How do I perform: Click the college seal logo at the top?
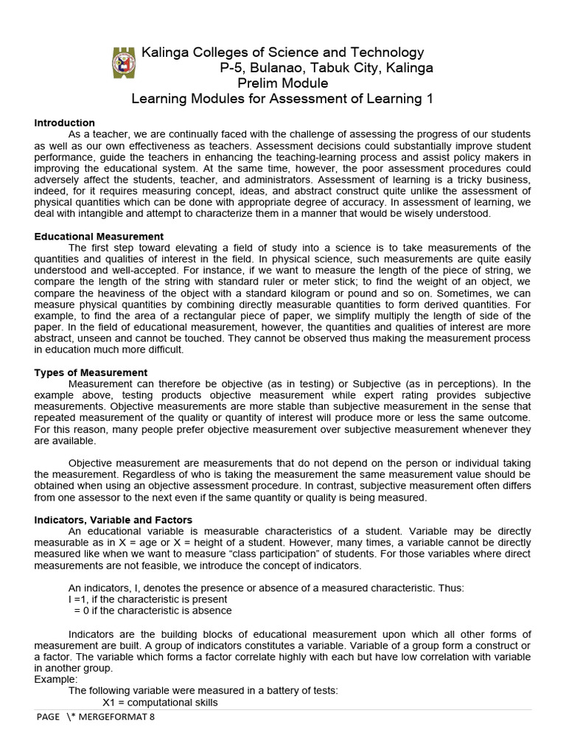click(123, 63)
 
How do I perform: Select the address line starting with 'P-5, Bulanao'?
click(326, 68)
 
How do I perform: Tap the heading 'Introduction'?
click(64, 122)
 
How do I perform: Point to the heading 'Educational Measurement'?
click(99, 236)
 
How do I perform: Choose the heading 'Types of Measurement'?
click(91, 372)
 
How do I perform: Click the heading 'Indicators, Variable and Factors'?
click(113, 520)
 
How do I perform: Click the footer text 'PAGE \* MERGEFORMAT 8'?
click(96, 717)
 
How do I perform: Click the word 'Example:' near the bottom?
click(55, 679)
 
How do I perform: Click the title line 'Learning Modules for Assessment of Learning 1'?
click(282, 99)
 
